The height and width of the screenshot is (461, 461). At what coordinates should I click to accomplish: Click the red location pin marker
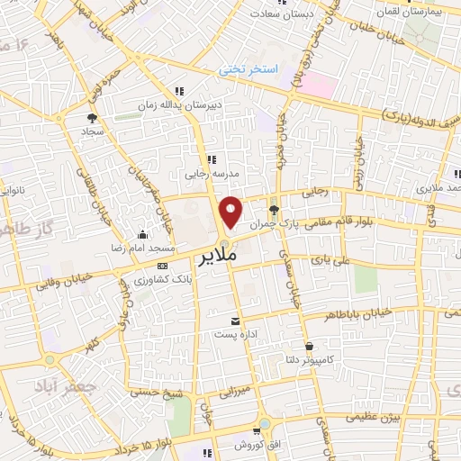click(231, 212)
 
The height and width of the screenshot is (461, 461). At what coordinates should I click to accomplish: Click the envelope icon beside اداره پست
click(236, 321)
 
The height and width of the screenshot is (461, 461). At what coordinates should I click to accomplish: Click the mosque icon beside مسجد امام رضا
click(141, 234)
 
